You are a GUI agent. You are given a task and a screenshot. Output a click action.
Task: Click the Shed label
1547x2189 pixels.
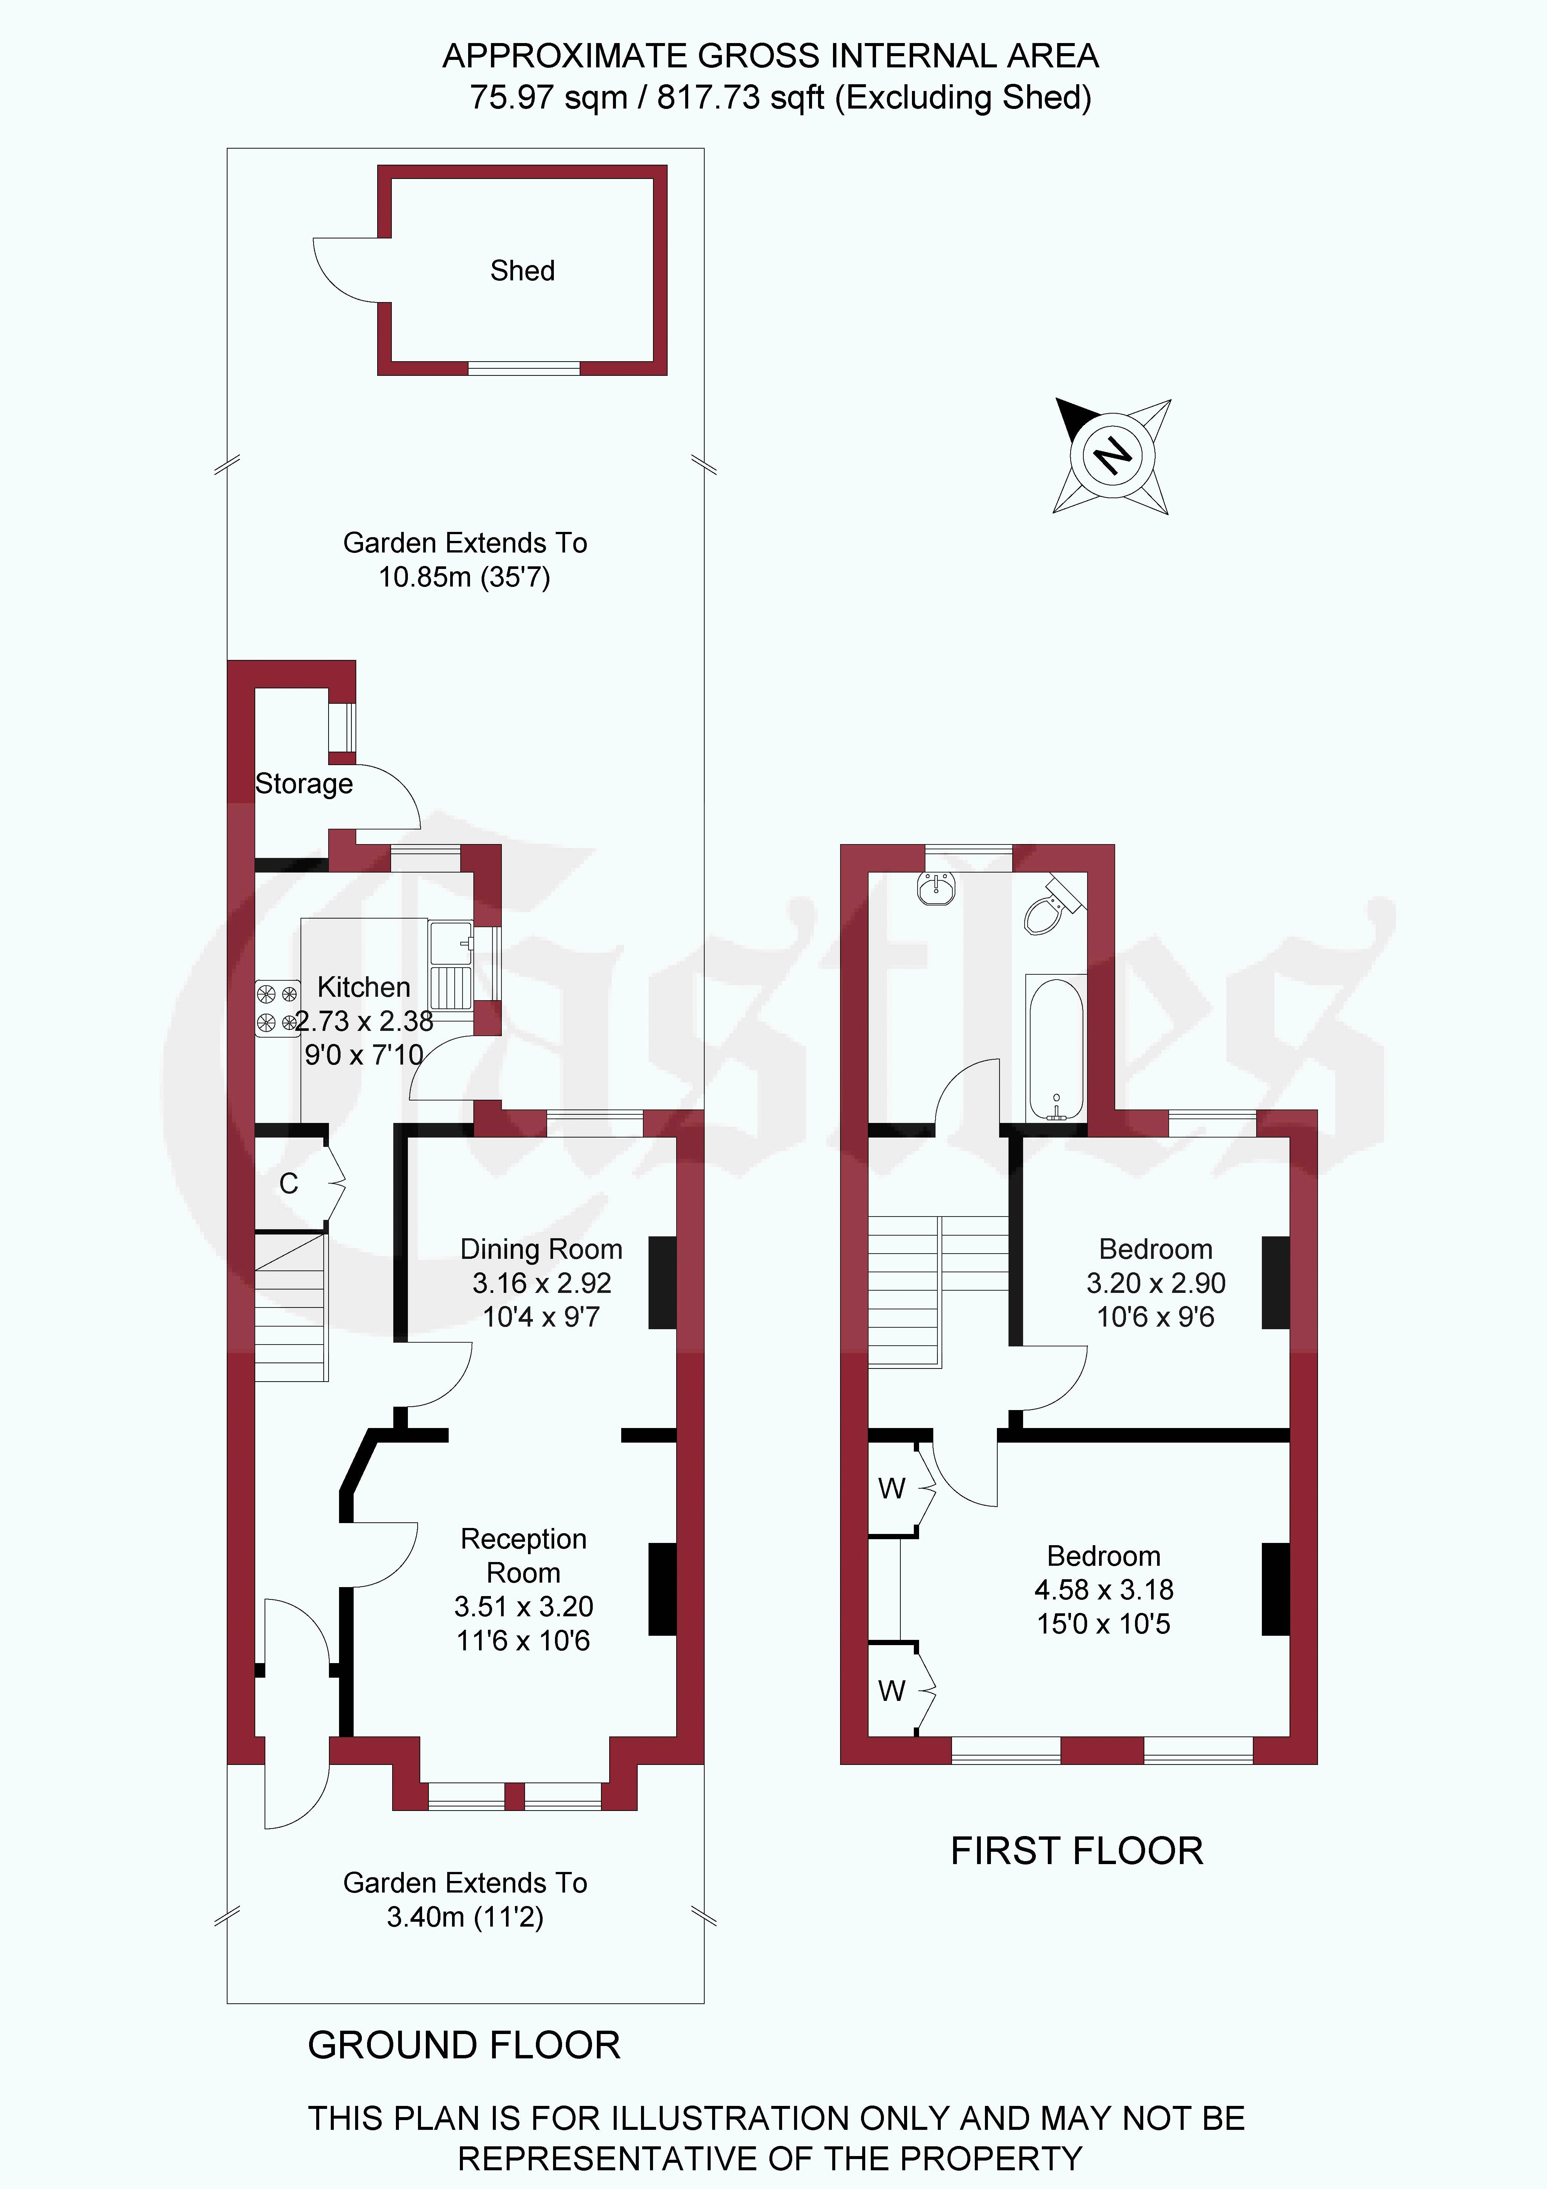522,271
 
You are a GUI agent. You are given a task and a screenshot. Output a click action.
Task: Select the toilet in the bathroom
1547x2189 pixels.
1053,903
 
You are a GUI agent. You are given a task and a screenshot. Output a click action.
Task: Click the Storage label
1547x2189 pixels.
304,784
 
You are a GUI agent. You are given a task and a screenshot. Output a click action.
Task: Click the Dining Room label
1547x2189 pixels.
541,1249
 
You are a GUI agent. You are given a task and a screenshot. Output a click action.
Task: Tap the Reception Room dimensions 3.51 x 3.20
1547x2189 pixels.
523,1607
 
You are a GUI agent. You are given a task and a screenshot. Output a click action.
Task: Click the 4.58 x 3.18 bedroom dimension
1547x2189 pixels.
1104,1589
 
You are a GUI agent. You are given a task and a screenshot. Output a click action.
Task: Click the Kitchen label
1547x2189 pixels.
364,987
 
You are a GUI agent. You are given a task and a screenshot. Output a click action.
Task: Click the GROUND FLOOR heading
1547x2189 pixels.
464,2045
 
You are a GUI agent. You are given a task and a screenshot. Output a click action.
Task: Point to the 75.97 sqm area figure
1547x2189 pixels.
549,97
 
